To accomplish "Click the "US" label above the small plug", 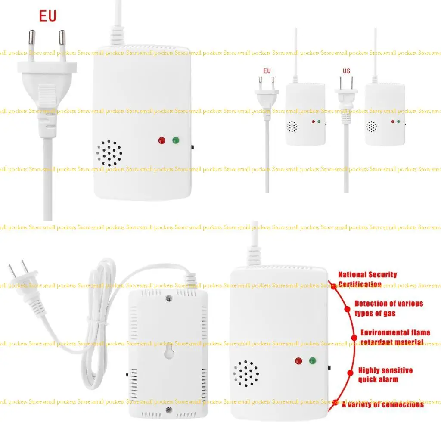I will [x=346, y=71].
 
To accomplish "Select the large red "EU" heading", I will [x=48, y=17].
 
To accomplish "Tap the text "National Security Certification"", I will [x=367, y=279].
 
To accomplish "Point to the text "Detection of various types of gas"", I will [x=388, y=308].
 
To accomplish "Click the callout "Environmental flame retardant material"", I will [x=395, y=337].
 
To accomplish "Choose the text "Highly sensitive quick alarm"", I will [x=385, y=375].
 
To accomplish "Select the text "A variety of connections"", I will [x=383, y=404].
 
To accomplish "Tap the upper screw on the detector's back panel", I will [x=168, y=297].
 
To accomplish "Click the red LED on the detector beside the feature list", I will [x=298, y=361].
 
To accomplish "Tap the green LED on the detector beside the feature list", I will [x=312, y=361].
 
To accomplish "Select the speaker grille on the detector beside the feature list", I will [x=246, y=373].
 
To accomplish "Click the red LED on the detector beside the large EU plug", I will [x=162, y=140].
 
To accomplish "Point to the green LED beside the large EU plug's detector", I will [x=176, y=140].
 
